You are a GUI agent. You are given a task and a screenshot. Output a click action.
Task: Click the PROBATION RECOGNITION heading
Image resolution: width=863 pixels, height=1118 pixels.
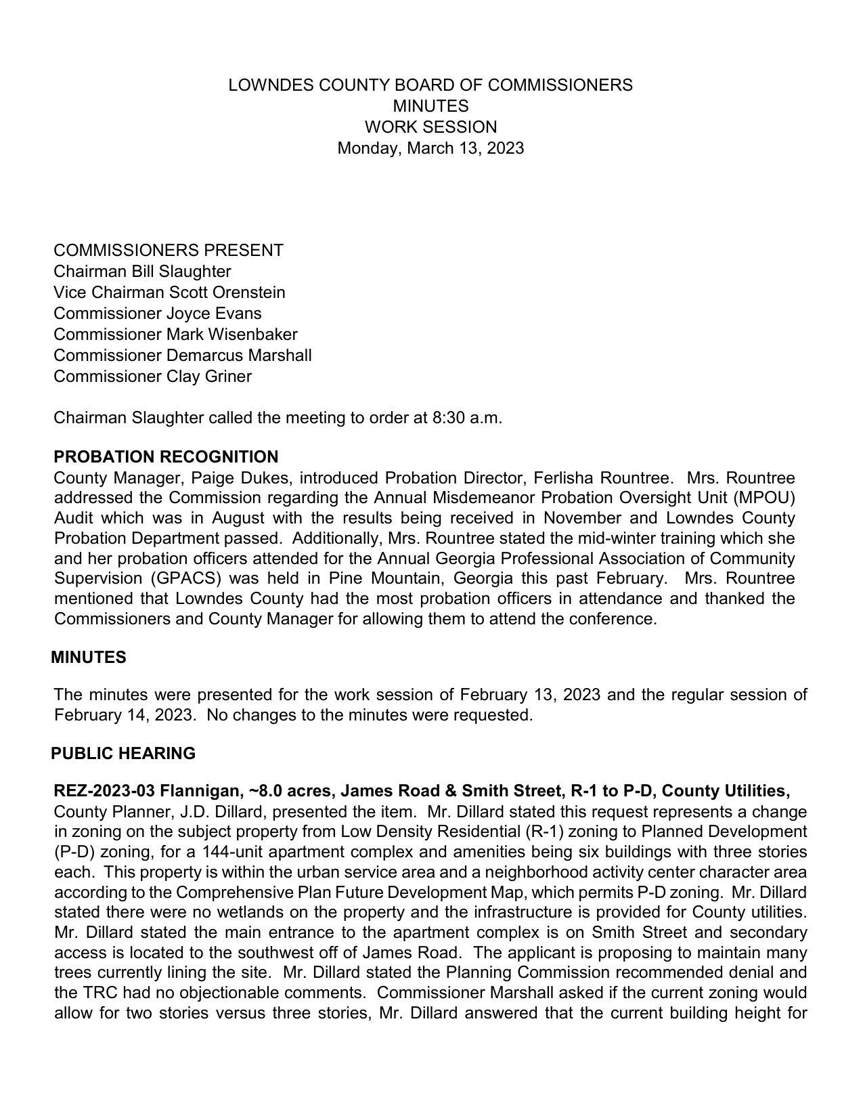[x=166, y=457]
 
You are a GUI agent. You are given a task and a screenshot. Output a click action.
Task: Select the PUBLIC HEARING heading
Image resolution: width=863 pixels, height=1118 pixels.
[x=123, y=754]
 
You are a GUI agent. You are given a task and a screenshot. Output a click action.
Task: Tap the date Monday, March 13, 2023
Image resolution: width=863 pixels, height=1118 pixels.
[x=430, y=148]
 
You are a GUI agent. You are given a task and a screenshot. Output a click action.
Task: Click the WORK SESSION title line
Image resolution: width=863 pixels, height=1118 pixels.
[x=430, y=127]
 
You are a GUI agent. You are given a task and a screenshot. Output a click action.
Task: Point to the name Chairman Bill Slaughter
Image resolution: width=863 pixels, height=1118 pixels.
[x=142, y=272]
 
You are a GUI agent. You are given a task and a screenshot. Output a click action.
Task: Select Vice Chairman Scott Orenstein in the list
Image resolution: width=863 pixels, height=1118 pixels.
[x=169, y=293]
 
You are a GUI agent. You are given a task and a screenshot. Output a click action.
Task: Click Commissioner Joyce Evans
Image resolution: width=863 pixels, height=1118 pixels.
[x=157, y=314]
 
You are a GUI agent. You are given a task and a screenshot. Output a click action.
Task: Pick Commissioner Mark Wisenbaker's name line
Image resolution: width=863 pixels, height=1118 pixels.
[x=175, y=335]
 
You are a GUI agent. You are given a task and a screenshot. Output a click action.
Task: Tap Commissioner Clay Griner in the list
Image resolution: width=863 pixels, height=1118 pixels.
[x=152, y=377]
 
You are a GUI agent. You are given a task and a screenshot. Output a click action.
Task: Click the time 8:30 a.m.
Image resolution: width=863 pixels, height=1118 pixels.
[x=466, y=418]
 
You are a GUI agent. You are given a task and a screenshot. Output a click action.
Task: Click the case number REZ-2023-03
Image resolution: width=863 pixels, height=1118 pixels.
[x=104, y=791]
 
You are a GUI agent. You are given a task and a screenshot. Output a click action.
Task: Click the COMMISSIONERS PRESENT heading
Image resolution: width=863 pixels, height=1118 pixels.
[x=169, y=251]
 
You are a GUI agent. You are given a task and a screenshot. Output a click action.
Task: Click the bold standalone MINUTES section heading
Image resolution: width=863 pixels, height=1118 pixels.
[x=89, y=658]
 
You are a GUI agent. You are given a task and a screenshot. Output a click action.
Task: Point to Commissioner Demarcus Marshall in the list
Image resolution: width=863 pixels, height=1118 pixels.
[x=183, y=356]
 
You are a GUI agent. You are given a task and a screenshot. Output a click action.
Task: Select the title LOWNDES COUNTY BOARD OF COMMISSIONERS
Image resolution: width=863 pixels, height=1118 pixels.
[x=430, y=85]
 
